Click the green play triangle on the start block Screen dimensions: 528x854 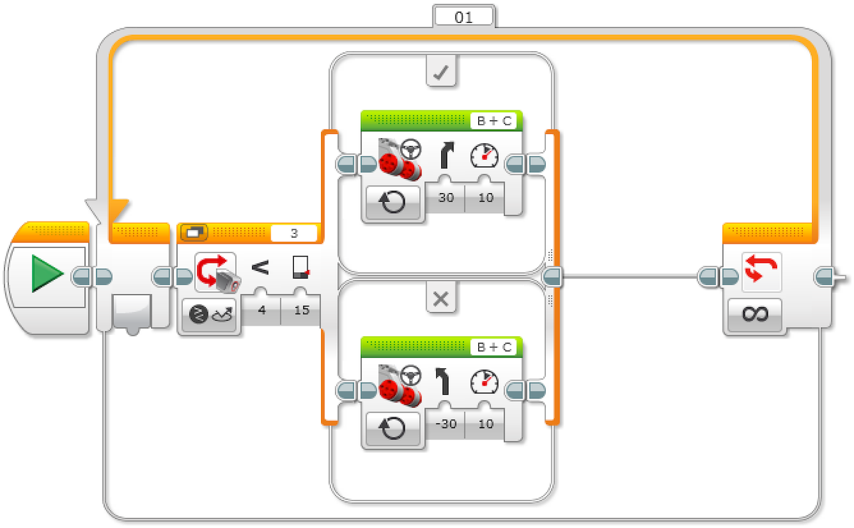click(x=48, y=274)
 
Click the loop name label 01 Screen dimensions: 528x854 click(x=463, y=17)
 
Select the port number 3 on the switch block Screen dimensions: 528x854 click(x=294, y=233)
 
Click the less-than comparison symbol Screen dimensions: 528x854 click(x=261, y=268)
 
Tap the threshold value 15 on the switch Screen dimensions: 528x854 click(x=302, y=310)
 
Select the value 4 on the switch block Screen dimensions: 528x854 click(x=261, y=310)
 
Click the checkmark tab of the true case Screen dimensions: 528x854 click(x=441, y=73)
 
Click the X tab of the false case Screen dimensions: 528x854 click(x=441, y=299)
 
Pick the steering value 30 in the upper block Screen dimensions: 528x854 click(x=446, y=197)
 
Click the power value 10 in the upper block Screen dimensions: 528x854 click(x=485, y=197)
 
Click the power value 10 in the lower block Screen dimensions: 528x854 click(x=485, y=424)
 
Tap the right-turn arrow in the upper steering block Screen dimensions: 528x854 click(x=447, y=154)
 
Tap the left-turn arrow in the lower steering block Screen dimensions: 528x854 click(x=445, y=381)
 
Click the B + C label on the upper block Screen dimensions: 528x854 click(x=495, y=121)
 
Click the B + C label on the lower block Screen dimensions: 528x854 click(x=495, y=348)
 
